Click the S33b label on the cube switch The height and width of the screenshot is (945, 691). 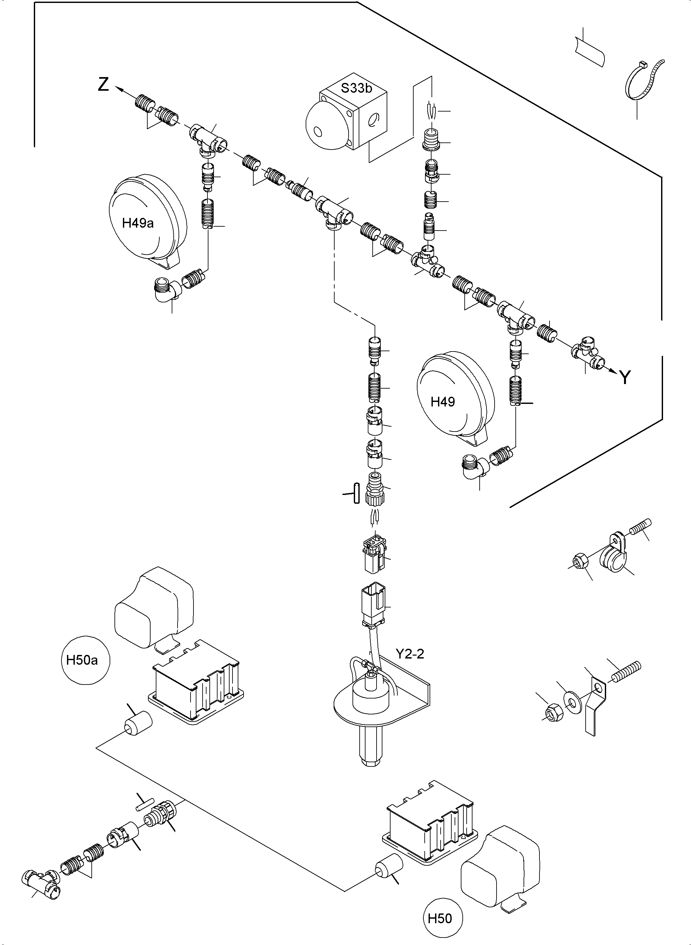pyautogui.click(x=356, y=88)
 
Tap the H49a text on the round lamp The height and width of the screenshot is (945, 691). pyautogui.click(x=138, y=223)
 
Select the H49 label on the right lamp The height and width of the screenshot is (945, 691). pyautogui.click(x=443, y=402)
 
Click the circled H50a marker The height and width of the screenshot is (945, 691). pyautogui.click(x=82, y=660)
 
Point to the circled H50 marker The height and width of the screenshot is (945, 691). pyautogui.click(x=440, y=918)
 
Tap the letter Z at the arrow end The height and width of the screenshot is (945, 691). pyautogui.click(x=103, y=85)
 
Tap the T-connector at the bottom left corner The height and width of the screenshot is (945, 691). pyautogui.click(x=40, y=884)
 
